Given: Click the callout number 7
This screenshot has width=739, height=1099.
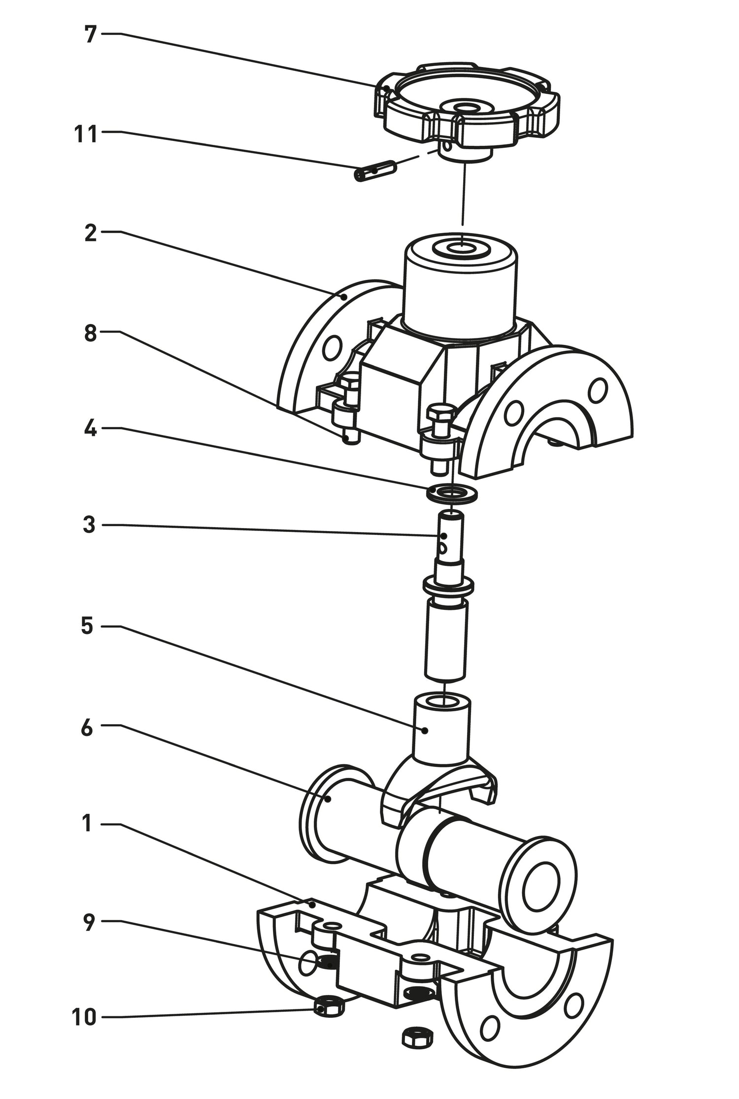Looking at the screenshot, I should pos(89,35).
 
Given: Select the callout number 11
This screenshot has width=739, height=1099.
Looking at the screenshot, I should pos(86,134).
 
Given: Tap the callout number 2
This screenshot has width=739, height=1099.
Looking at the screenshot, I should pos(90,233).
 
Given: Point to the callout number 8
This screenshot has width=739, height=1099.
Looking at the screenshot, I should pos(90,333).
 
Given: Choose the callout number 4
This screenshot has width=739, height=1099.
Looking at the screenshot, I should pos(90,429).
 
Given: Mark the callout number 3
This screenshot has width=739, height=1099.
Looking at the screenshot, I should pos(89,525).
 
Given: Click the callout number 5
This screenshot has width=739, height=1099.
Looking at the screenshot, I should pos(87,627).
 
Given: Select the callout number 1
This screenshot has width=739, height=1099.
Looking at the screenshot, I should pos(87,823).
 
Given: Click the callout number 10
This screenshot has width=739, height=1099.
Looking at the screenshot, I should pos(84,1017).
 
